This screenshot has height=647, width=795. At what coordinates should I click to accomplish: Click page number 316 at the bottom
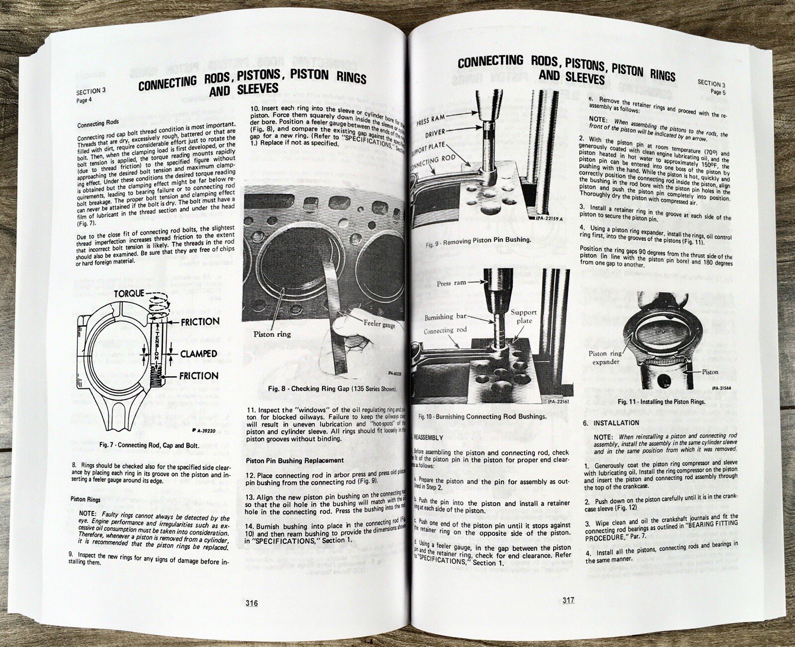pos(251,603)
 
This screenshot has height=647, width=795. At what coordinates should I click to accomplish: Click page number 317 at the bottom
pos(568,600)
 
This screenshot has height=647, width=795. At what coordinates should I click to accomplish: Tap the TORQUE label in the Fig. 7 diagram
pos(129,293)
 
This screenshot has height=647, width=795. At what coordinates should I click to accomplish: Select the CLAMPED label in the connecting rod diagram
pos(199,354)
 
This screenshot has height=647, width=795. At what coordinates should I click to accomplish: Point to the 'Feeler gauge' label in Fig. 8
pos(380,324)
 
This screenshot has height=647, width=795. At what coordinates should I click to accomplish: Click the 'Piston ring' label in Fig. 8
pos(272,334)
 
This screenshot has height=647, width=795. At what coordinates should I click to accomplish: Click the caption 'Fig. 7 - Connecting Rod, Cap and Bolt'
pos(150,445)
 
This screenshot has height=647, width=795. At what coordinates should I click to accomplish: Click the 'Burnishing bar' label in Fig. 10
pos(446,317)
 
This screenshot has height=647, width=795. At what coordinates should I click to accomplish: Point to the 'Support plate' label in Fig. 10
pos(524,316)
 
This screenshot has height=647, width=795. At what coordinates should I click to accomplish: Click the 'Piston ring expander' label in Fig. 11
pos(605,358)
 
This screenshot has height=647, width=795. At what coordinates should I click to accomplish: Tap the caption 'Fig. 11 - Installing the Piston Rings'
pos(661,401)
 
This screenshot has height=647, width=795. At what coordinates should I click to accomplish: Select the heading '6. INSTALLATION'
pos(611,423)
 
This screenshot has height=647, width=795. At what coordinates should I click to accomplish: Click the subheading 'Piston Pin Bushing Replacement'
pos(295,460)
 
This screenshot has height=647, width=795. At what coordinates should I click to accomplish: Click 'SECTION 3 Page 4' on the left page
pos(91,95)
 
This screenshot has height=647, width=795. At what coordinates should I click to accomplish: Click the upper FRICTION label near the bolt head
pos(200,322)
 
